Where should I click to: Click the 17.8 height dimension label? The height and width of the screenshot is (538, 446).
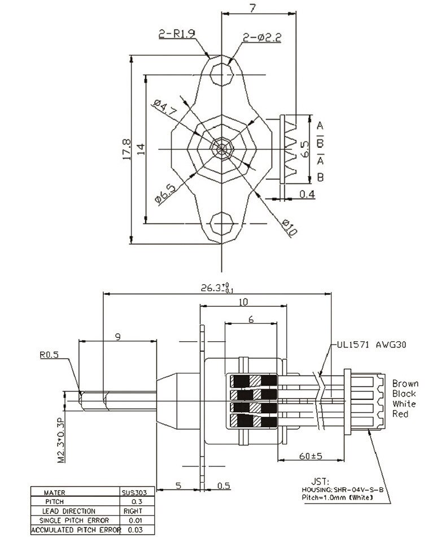[x=126, y=149]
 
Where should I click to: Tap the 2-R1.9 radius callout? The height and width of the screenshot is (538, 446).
[x=176, y=34]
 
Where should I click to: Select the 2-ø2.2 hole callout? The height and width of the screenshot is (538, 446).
[x=261, y=38]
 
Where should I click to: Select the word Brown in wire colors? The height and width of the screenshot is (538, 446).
[x=405, y=383]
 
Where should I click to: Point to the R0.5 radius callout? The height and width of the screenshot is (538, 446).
[x=50, y=355]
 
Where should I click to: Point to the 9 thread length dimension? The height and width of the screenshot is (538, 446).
[x=117, y=337]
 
